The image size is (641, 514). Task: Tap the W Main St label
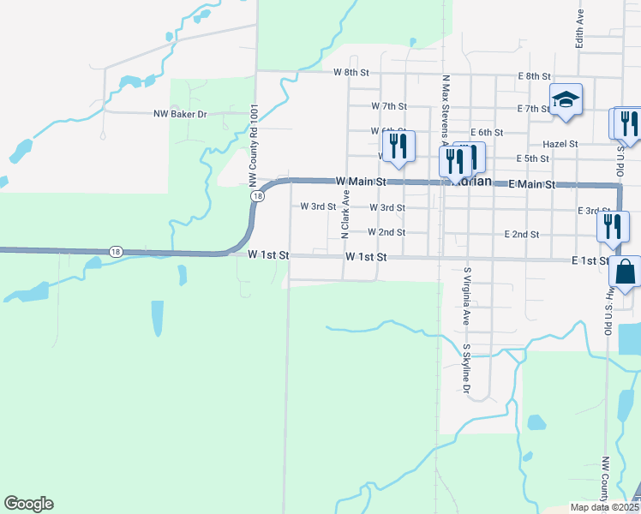361,182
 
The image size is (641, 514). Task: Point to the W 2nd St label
386,232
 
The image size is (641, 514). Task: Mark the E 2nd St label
522,234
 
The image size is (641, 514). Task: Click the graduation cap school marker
566,100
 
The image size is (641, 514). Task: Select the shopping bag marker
625,272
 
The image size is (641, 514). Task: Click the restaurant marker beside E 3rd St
613,225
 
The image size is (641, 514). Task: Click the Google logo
28,504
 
